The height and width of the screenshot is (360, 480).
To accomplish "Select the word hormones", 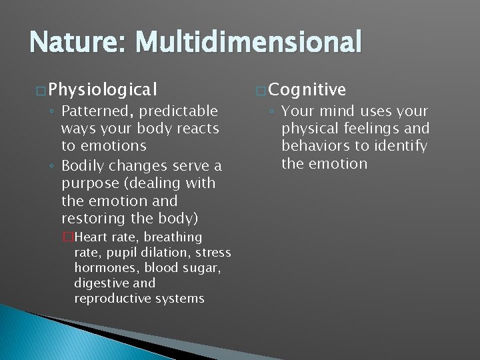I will click(x=104, y=268).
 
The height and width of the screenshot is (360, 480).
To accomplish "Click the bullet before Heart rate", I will click(x=67, y=237).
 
